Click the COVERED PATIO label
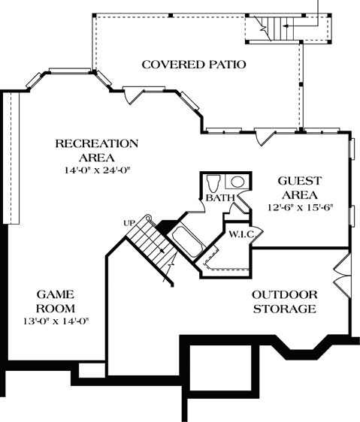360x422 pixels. coord(194,65)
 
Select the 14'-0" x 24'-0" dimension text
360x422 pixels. coord(98,170)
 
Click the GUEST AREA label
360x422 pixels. coord(300,188)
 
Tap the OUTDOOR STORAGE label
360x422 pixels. coord(283,301)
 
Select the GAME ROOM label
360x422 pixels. coord(56,300)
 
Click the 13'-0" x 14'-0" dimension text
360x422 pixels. coord(56,321)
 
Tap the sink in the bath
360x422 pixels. coord(236,181)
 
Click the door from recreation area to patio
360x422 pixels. coord(132,95)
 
